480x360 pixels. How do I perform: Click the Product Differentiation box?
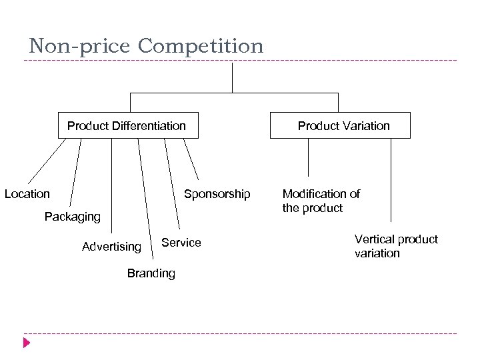tap(127, 125)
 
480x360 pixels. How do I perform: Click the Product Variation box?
tap(339, 125)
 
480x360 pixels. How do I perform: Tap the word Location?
tap(27, 194)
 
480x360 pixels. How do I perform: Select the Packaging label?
tap(72, 217)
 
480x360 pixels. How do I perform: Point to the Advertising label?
tap(111, 247)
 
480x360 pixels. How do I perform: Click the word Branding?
tap(151, 273)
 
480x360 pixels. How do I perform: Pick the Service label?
tap(181, 243)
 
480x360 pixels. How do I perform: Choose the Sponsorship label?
tap(217, 194)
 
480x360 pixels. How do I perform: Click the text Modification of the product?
tap(321, 201)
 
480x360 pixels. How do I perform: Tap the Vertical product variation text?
tap(395, 246)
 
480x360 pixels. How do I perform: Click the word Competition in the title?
tap(201, 46)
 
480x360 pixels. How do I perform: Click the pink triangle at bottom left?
tap(27, 343)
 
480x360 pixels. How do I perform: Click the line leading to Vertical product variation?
tap(391, 180)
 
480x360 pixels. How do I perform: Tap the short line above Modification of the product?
tap(309, 160)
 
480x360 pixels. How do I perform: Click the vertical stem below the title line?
tap(232, 77)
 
